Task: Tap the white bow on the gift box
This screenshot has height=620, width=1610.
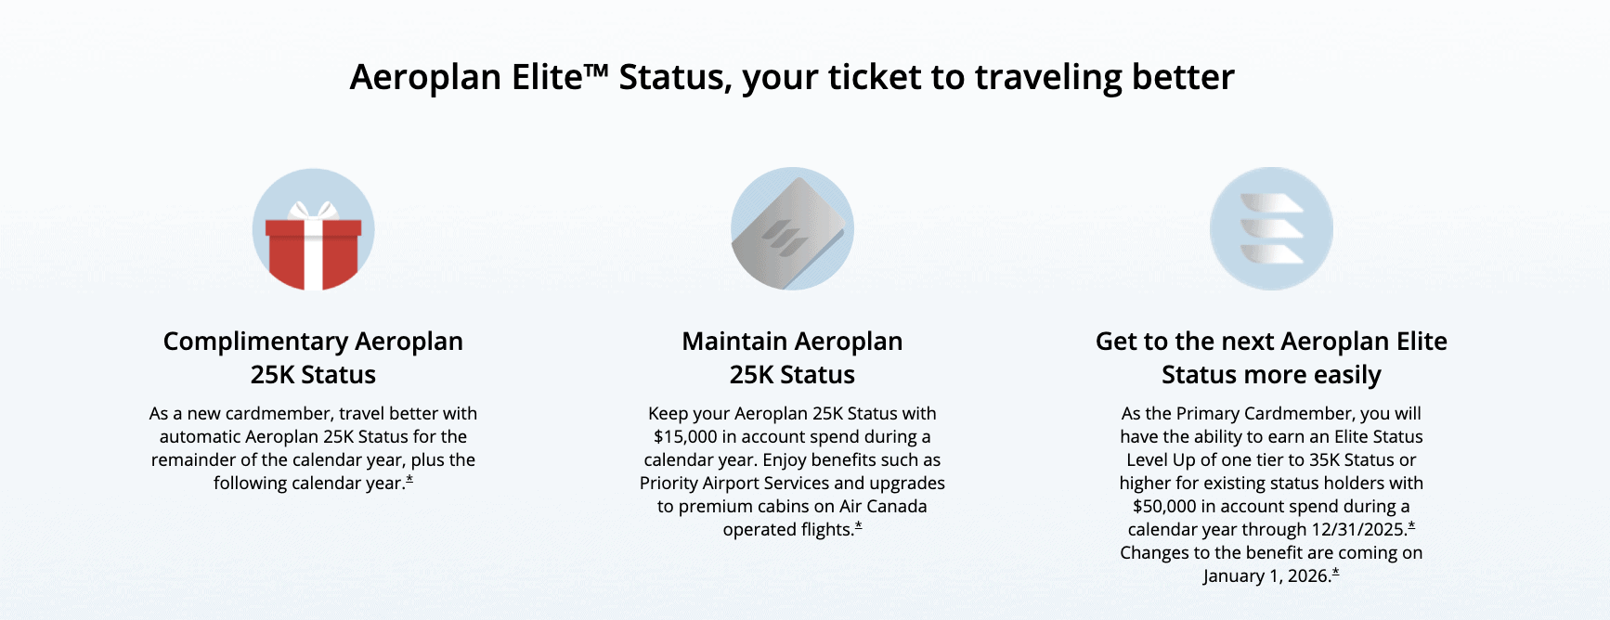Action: point(313,210)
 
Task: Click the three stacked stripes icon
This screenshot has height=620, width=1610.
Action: point(1271,229)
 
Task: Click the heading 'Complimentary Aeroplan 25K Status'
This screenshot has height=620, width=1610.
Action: point(313,357)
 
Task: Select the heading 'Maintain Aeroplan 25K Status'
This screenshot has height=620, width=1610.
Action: point(792,357)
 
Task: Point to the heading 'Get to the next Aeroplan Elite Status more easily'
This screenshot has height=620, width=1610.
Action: point(1271,357)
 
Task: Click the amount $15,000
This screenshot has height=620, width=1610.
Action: point(686,437)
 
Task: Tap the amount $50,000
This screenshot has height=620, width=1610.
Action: point(1164,507)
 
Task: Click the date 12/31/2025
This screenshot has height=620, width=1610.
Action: point(1358,530)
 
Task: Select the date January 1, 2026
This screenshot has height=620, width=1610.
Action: point(1266,576)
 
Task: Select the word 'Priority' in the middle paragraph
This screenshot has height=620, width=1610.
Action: point(672,484)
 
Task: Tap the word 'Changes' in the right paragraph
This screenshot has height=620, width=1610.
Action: point(1152,553)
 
